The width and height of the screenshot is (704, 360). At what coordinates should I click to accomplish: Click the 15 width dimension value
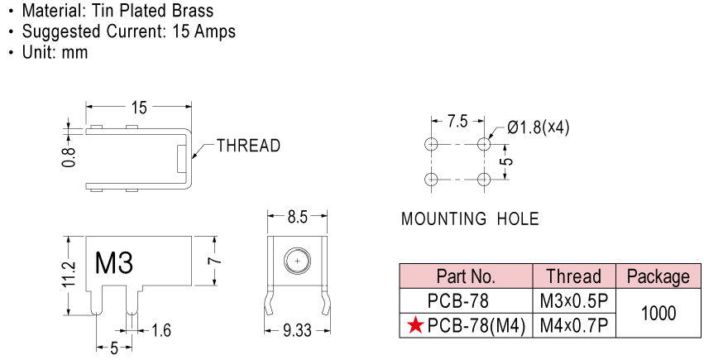pos(139,108)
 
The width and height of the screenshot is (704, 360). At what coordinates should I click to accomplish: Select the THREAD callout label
pos(248,146)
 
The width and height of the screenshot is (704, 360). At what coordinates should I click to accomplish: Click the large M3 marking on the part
pos(114,262)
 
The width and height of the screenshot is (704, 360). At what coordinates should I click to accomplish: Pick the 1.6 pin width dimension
pos(161,331)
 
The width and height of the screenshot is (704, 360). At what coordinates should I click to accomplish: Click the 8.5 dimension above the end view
pos(297,218)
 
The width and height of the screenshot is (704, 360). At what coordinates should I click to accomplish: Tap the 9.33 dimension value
pos(297,331)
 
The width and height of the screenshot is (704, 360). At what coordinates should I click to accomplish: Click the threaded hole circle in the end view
pos(297,261)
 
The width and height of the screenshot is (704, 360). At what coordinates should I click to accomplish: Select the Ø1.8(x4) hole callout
pos(539,128)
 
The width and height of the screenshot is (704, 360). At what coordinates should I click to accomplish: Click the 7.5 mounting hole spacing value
pos(457,122)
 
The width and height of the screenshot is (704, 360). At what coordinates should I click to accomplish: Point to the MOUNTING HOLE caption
pos(470,219)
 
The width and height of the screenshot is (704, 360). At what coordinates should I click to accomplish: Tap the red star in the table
pos(416,325)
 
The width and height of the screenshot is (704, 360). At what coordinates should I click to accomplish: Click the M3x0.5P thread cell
pos(574,301)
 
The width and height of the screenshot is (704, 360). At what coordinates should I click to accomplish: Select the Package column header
pos(659,276)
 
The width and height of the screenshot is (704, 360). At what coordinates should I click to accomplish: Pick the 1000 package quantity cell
pos(659,313)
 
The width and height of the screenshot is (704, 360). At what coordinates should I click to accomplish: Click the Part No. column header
pos(466,276)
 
